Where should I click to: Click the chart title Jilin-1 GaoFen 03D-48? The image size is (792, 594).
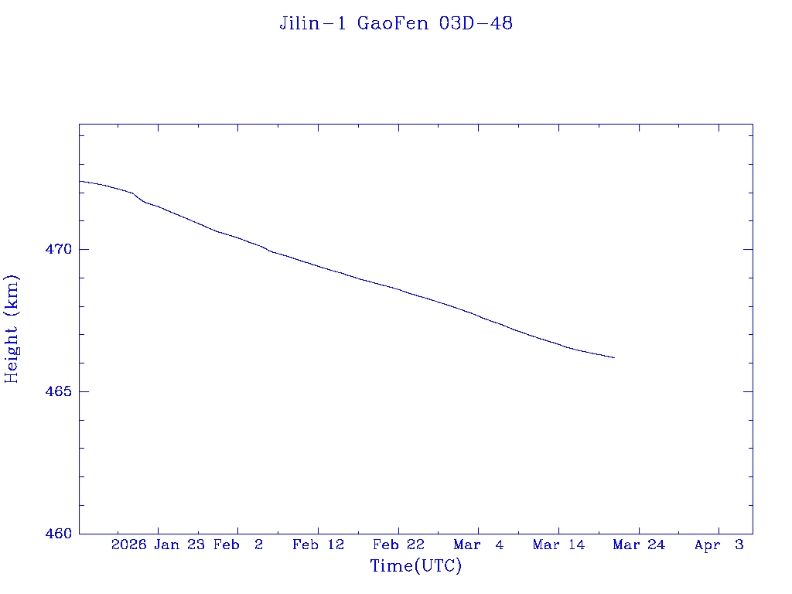396,23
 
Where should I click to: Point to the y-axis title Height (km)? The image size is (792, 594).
12,329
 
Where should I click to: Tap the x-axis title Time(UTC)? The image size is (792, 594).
416,566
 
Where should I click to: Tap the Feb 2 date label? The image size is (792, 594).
238,544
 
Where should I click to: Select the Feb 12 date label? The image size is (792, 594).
318,544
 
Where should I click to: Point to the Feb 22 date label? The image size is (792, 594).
398,544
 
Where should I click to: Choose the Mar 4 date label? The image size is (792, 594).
479,544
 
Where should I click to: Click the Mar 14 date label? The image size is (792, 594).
558,544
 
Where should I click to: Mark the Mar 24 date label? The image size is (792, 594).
639,544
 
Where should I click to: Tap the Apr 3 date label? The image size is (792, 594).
719,544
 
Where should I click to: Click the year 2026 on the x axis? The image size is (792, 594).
128,544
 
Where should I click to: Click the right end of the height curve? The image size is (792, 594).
614,357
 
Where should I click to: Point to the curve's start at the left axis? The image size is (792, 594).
80,181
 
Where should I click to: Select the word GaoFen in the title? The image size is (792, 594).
394,23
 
